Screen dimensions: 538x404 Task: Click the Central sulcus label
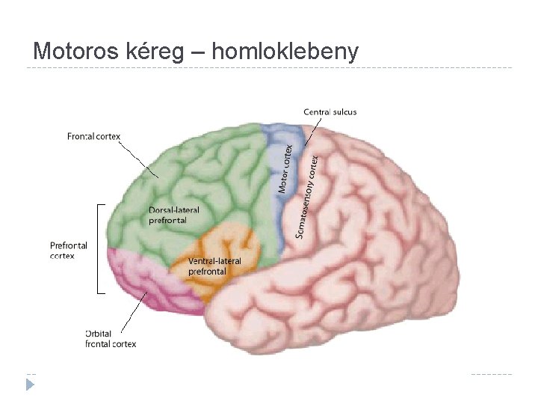[330, 112]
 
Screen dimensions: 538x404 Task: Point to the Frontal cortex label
[93, 136]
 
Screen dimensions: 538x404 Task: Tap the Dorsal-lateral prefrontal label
[174, 215]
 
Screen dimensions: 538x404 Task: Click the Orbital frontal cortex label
[111, 339]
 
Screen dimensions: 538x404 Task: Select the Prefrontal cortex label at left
[69, 250]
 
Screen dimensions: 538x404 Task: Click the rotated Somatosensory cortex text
[307, 197]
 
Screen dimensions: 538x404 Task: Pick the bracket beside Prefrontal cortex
[99, 248]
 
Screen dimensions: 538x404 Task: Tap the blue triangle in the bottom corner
[30, 385]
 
